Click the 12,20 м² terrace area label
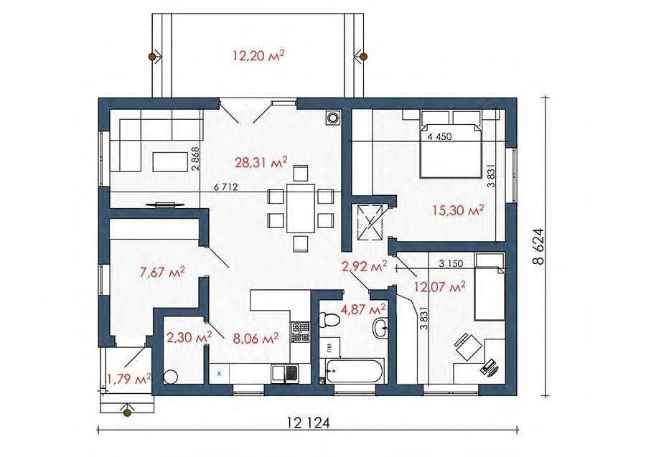click(x=258, y=55)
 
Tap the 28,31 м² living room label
click(x=261, y=162)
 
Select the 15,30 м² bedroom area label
click(x=458, y=210)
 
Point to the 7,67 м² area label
click(x=162, y=272)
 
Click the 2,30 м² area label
click(x=189, y=337)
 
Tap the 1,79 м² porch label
click(x=129, y=378)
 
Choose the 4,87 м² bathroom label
click(x=363, y=308)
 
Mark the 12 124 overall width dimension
click(x=309, y=423)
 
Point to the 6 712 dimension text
click(x=226, y=187)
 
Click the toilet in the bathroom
click(x=329, y=319)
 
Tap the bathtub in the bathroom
click(x=352, y=370)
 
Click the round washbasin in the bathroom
click(x=380, y=329)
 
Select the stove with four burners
click(x=300, y=332)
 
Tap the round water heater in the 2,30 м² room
click(x=170, y=377)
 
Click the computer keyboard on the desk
click(x=489, y=366)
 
